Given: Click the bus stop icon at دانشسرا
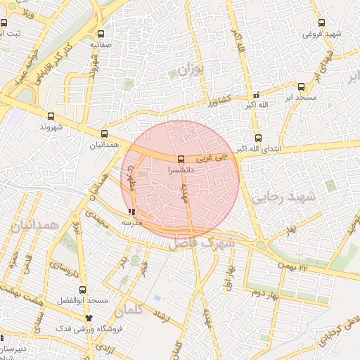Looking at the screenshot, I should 181,160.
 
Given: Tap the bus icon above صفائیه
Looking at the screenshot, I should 101,34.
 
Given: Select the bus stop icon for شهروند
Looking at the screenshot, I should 51,117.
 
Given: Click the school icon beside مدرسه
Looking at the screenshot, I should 132,212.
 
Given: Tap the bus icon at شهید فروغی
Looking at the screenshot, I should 321,22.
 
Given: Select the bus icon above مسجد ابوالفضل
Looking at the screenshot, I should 83,290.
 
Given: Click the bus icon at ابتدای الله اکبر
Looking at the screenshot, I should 258,138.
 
